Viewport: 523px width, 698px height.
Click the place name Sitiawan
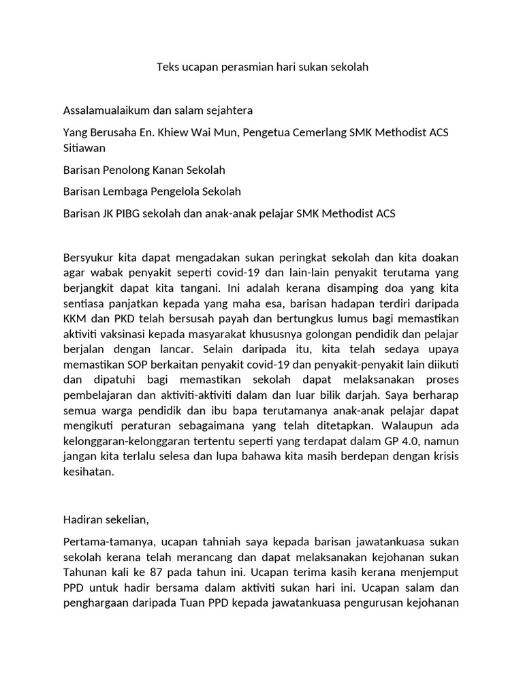(x=84, y=147)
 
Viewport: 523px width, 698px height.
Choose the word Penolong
(x=127, y=170)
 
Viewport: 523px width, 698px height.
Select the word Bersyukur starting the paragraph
(x=89, y=258)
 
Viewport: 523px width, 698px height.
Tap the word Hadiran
(x=82, y=519)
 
